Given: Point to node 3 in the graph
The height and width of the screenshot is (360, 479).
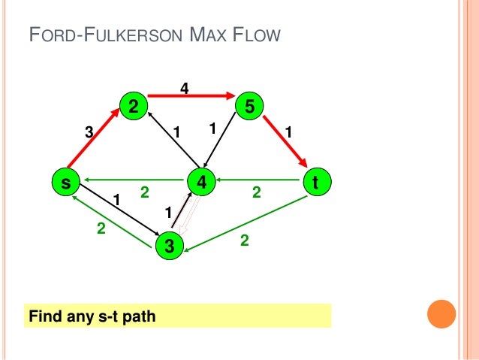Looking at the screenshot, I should pyautogui.click(x=170, y=246).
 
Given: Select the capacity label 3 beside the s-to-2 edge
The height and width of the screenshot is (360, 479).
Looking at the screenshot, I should pyautogui.click(x=89, y=132).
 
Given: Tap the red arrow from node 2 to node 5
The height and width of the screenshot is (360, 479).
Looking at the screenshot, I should pyautogui.click(x=191, y=96).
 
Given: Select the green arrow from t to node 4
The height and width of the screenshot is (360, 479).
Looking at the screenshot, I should pyautogui.click(x=259, y=181).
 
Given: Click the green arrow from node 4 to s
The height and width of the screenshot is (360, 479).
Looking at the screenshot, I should pyautogui.click(x=135, y=181).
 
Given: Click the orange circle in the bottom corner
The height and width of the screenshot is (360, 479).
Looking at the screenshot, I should pyautogui.click(x=441, y=315).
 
